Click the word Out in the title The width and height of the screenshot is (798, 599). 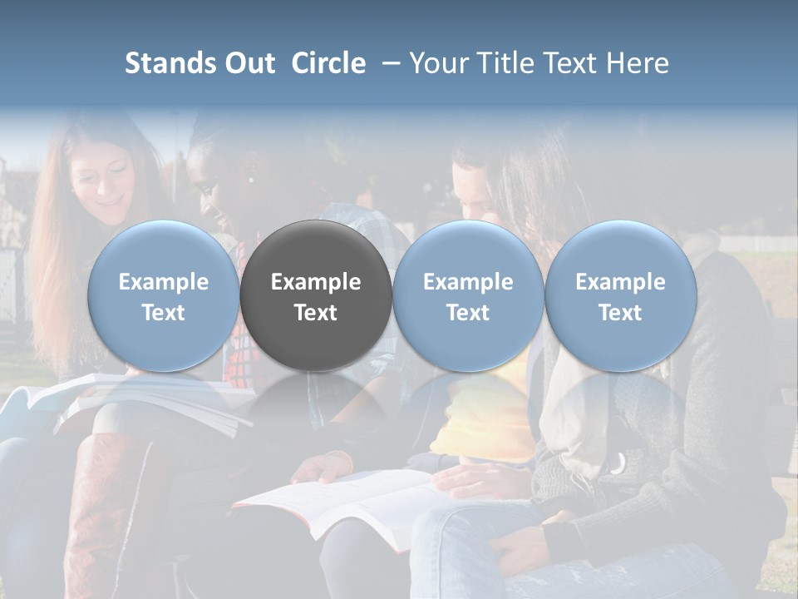248,63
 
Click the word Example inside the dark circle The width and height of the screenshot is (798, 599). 316,282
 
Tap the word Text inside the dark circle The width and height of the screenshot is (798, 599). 316,313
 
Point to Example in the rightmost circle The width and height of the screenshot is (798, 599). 620,282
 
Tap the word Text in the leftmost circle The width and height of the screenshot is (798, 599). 164,313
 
